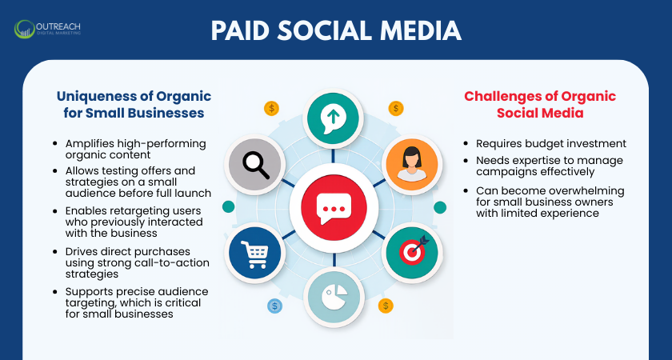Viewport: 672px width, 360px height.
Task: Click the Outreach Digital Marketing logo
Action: click(47, 30)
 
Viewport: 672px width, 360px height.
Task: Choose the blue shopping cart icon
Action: click(254, 254)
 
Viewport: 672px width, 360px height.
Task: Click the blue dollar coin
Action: click(275, 306)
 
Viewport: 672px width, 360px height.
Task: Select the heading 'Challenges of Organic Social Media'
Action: click(540, 105)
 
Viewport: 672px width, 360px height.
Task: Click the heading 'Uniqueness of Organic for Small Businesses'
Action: click(130, 105)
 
